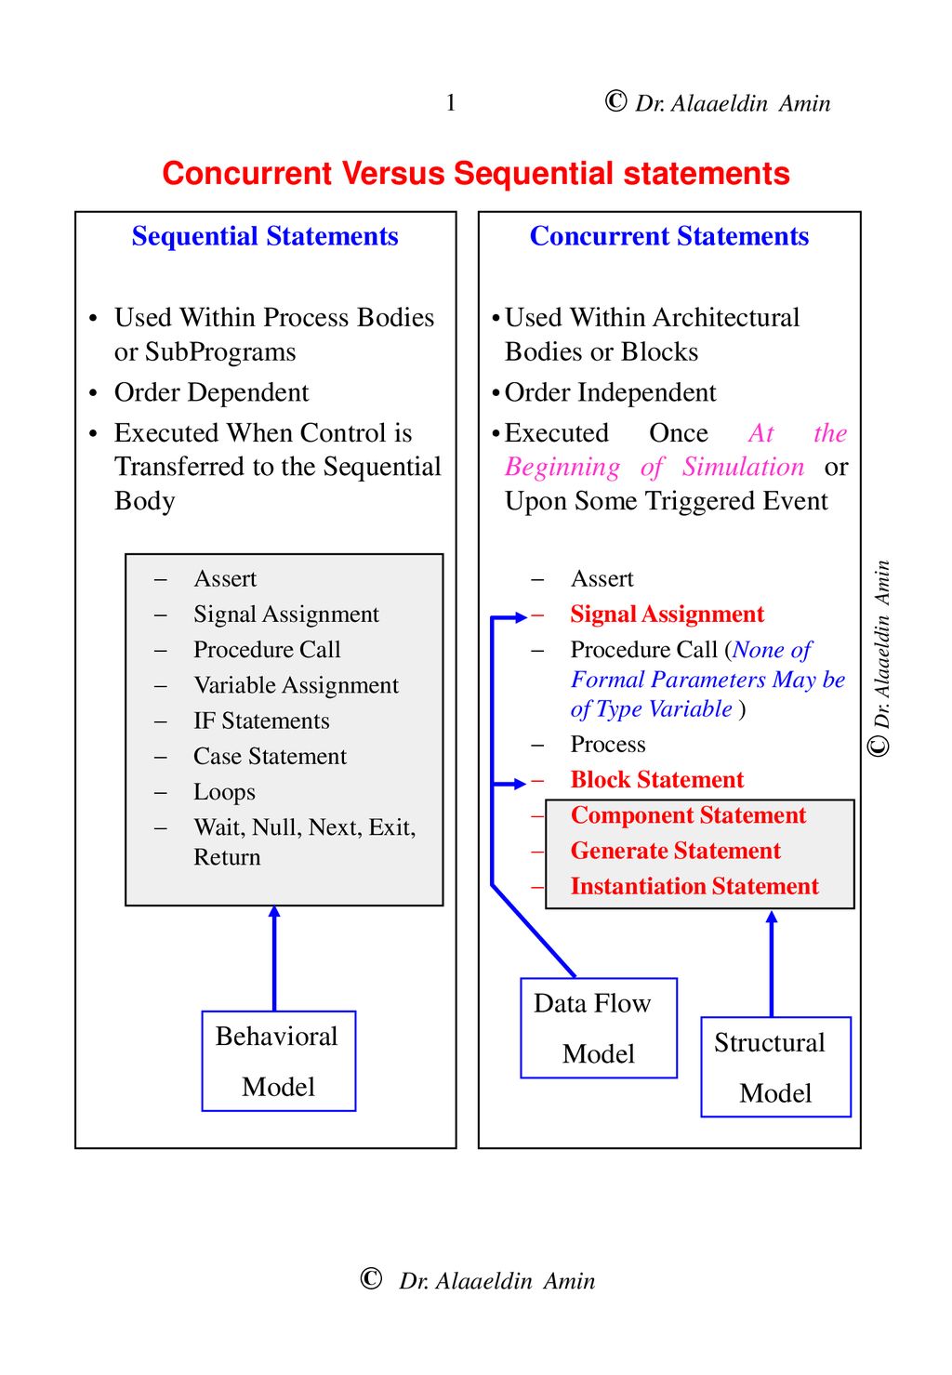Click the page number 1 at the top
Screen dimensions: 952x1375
(x=451, y=102)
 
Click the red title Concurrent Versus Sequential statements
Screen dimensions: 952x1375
(x=476, y=173)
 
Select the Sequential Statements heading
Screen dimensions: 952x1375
(x=265, y=236)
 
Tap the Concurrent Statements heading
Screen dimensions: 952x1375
(x=669, y=236)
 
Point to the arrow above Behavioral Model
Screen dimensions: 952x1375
(x=274, y=959)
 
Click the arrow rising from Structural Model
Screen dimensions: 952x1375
(x=772, y=964)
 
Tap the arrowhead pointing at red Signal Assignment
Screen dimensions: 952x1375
(x=521, y=617)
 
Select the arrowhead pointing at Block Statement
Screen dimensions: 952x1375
(x=520, y=784)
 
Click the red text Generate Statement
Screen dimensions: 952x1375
(x=675, y=851)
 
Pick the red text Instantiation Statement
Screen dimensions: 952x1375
(x=694, y=886)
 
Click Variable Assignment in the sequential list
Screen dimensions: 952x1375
(x=296, y=686)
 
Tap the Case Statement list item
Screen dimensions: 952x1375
(x=270, y=756)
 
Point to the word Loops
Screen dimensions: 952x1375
(x=224, y=792)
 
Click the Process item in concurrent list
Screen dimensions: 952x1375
(x=608, y=744)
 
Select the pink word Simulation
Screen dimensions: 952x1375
(x=743, y=467)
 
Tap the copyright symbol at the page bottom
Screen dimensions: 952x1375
(x=371, y=1278)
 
